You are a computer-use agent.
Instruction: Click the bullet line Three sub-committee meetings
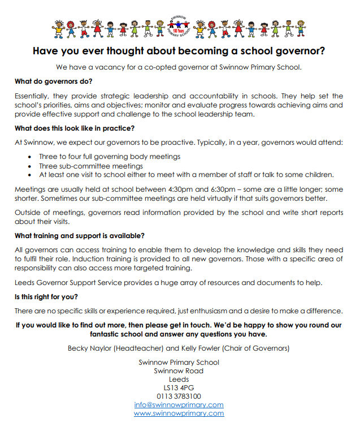click(x=91, y=166)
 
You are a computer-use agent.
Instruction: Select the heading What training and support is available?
click(x=80, y=235)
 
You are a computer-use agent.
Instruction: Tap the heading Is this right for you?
click(x=46, y=296)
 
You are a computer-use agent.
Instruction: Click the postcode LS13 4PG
click(x=179, y=387)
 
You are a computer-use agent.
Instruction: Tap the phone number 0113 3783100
click(x=179, y=396)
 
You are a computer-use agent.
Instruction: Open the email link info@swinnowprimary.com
click(x=179, y=404)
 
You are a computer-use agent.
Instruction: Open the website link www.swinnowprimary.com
click(x=179, y=413)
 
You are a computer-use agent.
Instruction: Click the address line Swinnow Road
click(x=179, y=370)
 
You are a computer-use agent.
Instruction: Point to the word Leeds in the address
click(x=179, y=379)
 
